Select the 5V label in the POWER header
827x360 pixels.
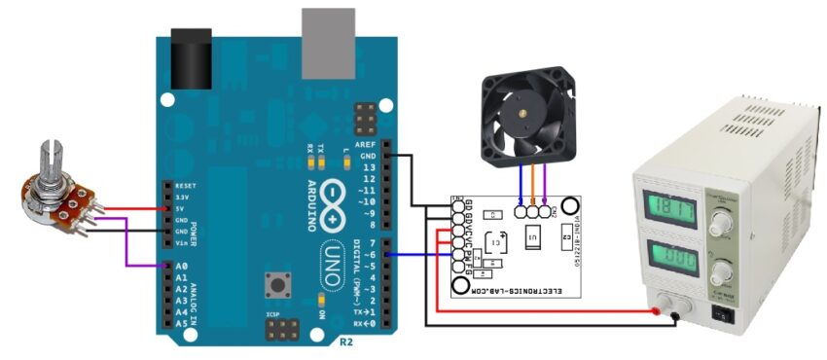click(x=180, y=208)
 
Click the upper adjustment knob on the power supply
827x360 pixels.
click(x=721, y=224)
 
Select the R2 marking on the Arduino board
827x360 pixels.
click(x=346, y=342)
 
